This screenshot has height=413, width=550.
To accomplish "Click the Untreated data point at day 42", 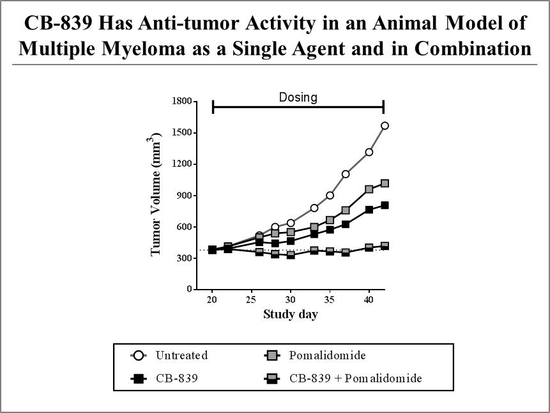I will [385, 125].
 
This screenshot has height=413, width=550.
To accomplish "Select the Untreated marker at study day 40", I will [369, 152].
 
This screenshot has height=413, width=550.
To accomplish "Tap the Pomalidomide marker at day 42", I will [385, 183].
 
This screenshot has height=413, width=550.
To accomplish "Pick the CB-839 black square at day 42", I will [385, 205].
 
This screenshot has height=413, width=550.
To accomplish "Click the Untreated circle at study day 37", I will [346, 174].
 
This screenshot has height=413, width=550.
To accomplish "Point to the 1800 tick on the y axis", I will [182, 101].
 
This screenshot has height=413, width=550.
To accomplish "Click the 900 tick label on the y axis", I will [184, 196].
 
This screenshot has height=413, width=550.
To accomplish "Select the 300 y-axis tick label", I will [184, 258].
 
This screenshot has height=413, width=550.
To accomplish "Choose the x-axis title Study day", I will [291, 314].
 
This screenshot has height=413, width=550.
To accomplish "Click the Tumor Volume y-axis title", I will [156, 196].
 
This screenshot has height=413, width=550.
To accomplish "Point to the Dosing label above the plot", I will [298, 97].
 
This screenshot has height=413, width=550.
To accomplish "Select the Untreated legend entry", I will [181, 355].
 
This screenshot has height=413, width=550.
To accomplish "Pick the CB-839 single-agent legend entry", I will [176, 378].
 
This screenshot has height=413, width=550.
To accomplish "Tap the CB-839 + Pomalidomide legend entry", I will [355, 378].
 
